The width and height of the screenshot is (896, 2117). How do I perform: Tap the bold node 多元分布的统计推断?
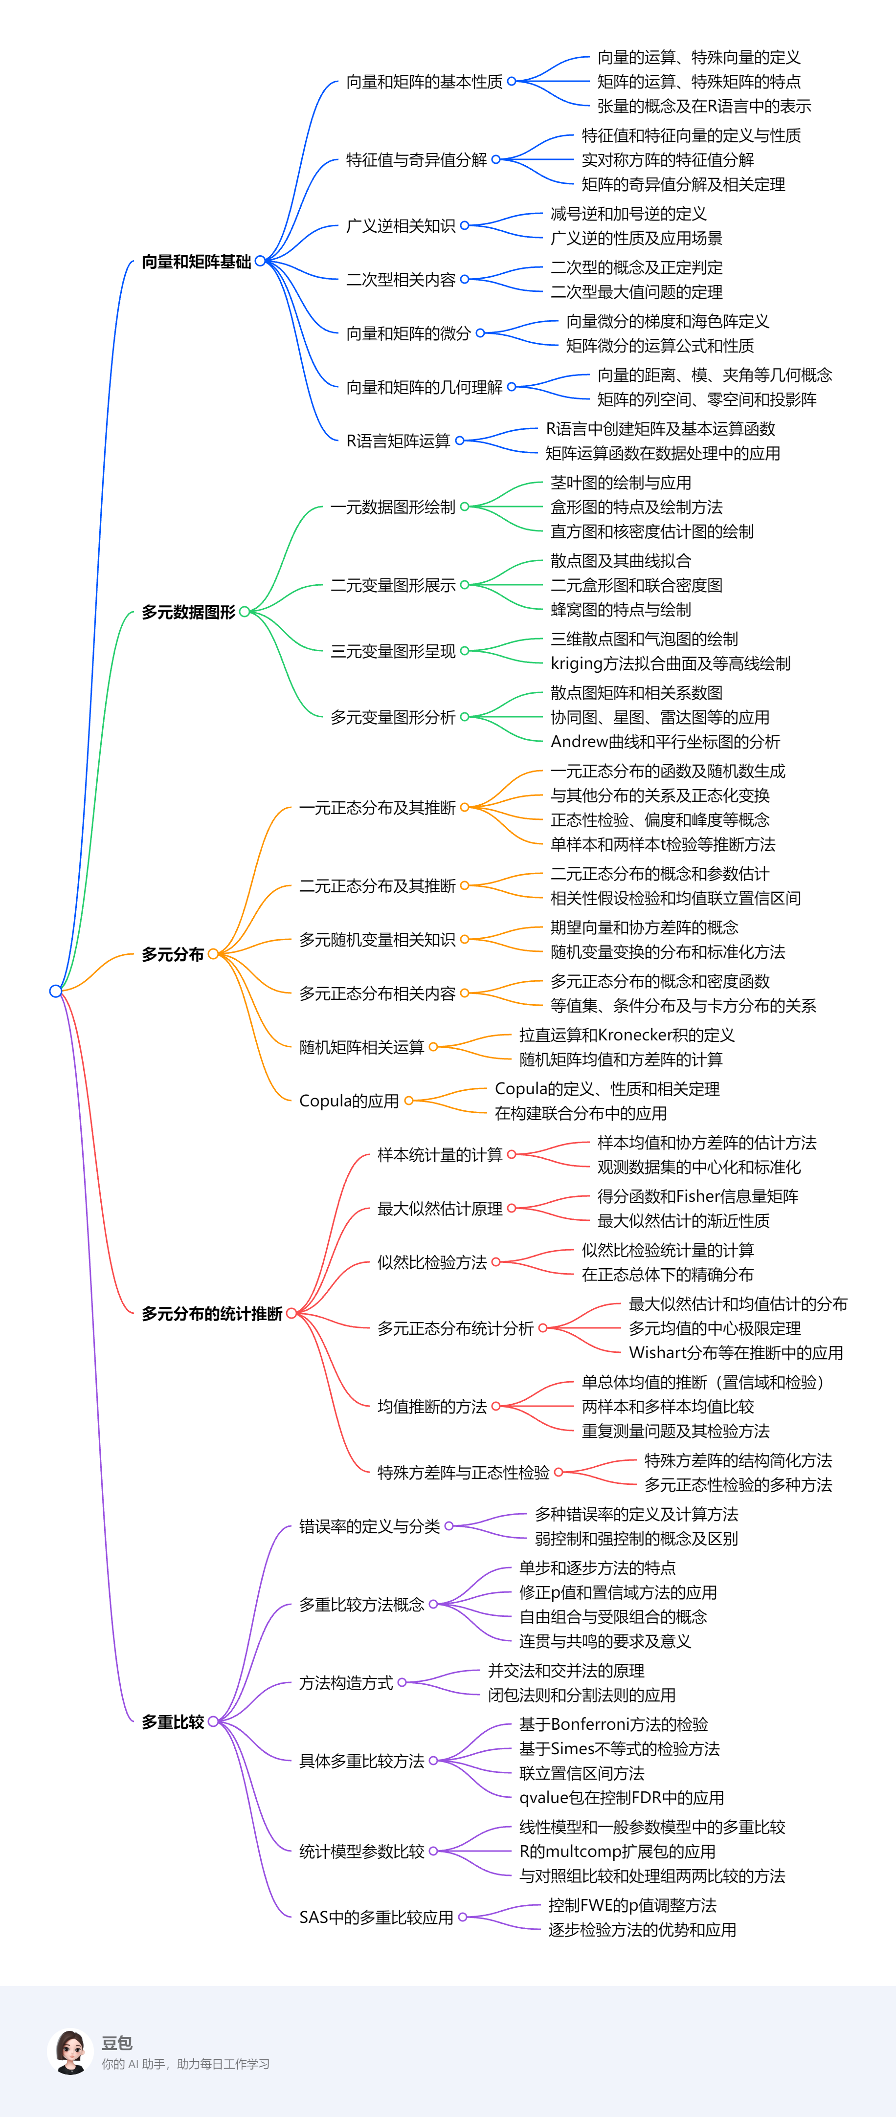[212, 1313]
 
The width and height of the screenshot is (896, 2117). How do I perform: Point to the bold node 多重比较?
[173, 1721]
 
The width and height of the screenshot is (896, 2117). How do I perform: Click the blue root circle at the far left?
[56, 991]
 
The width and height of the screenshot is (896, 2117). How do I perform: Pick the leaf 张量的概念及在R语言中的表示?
[704, 106]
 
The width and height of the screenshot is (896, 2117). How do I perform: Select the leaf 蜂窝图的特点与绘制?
[621, 610]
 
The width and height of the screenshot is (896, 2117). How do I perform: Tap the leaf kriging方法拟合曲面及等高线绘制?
[670, 663]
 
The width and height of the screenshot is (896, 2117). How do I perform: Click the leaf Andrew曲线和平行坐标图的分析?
[665, 741]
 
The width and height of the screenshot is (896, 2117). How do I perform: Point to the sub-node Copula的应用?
[349, 1101]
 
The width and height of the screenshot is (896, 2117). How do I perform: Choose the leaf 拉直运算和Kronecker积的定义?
[627, 1035]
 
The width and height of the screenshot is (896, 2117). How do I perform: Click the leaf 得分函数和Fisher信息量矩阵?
[697, 1196]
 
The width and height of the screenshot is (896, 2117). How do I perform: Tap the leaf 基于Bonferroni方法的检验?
[613, 1724]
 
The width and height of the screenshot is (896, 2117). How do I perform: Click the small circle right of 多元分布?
[213, 954]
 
